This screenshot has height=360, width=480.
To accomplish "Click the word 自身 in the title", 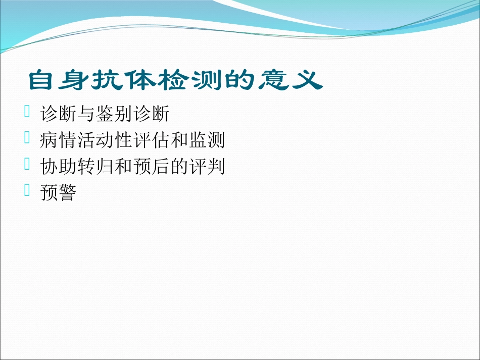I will tap(57, 81).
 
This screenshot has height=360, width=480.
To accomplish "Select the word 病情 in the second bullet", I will tap(58, 141).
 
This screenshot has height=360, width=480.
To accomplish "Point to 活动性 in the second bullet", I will tap(104, 141).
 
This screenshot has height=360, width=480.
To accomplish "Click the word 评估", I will tap(150, 141).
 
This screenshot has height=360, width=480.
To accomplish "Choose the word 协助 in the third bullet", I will tap(58, 167).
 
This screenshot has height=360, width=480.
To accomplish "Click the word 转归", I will tap(95, 167).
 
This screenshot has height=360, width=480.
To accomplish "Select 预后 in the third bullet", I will tap(150, 167).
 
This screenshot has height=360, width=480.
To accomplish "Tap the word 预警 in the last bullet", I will tap(58, 193).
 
